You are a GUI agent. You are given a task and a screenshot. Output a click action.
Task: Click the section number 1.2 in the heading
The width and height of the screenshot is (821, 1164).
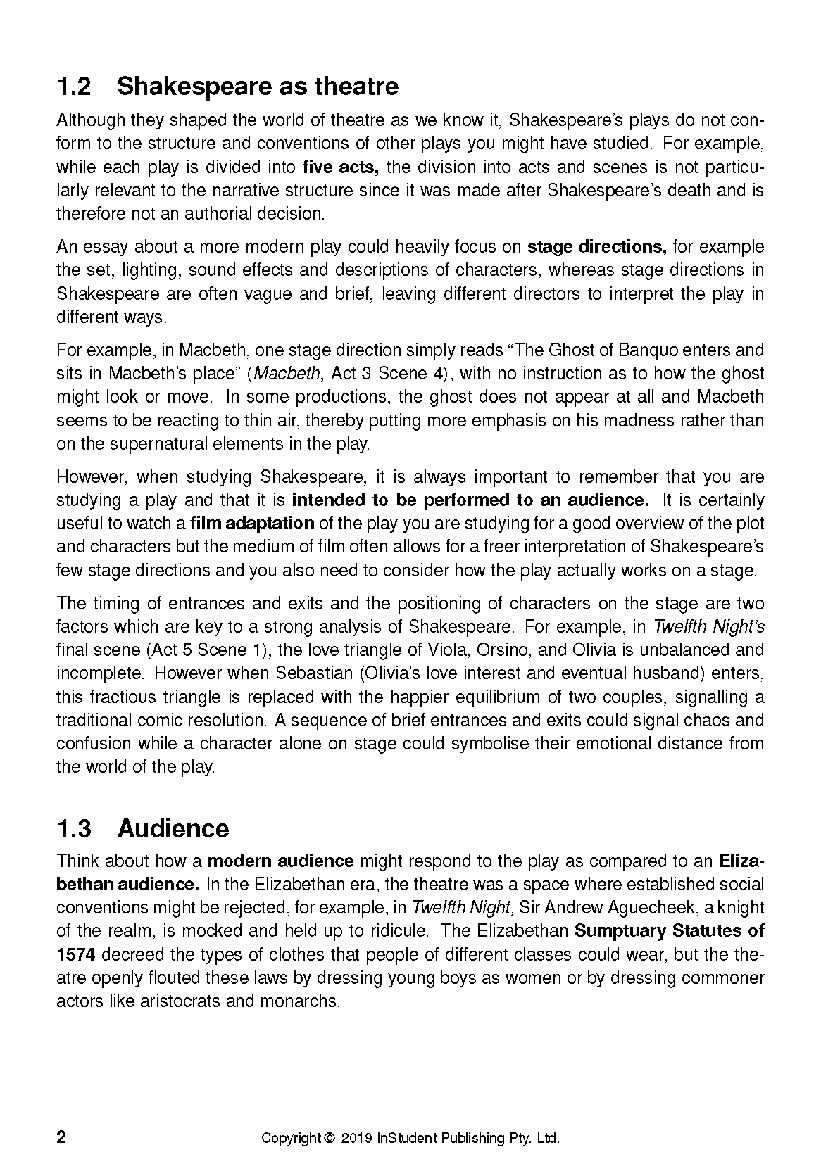(x=74, y=87)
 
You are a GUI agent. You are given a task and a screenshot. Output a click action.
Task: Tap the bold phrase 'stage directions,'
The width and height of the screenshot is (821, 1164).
(x=596, y=247)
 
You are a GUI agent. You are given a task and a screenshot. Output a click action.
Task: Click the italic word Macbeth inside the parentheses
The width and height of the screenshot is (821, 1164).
(x=279, y=374)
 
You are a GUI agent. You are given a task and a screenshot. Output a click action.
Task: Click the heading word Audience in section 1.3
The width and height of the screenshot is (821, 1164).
(x=173, y=828)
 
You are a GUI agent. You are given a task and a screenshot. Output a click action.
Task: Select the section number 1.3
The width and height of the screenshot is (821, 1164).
(x=74, y=828)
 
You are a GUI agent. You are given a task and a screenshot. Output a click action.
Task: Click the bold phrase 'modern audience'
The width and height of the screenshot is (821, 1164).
(x=282, y=861)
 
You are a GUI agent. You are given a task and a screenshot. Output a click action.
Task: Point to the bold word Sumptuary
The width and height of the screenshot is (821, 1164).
(x=620, y=931)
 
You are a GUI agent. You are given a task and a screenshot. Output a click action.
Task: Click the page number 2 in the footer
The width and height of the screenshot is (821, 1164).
(x=61, y=1138)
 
